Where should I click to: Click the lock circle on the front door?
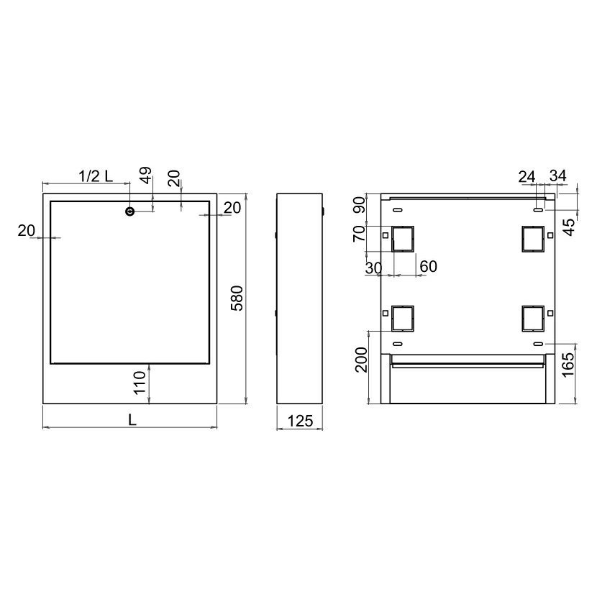click(130, 211)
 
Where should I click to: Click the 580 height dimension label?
click(237, 298)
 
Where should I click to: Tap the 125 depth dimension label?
click(300, 421)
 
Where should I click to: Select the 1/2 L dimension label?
click(96, 176)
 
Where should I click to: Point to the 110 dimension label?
click(140, 382)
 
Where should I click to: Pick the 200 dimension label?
click(361, 360)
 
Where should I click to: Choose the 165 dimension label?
click(568, 365)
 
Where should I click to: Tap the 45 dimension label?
click(569, 227)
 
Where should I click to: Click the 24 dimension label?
click(527, 177)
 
